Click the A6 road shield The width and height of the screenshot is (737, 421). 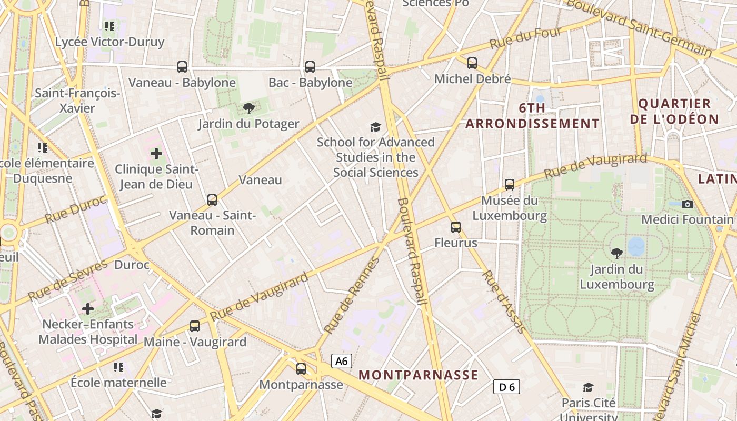[342, 361]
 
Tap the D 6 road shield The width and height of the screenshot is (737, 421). [506, 387]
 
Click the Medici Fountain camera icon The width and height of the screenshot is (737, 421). [687, 204]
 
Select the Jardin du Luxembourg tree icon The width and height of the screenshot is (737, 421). [616, 254]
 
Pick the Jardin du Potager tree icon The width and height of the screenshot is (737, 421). [248, 108]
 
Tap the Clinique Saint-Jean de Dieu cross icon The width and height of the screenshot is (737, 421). [156, 154]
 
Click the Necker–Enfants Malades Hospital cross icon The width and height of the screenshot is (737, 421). [88, 308]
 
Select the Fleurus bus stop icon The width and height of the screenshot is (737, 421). [456, 227]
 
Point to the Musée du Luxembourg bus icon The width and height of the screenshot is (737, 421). [509, 185]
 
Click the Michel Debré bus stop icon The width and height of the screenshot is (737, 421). [472, 63]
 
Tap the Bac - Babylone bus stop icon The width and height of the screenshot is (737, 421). [310, 67]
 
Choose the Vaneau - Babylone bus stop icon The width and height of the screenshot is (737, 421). [182, 67]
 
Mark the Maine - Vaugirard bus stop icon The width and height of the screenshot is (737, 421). [195, 326]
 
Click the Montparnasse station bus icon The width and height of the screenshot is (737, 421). [301, 369]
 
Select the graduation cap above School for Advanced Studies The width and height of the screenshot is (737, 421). [375, 127]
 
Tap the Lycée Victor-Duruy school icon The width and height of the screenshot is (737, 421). [109, 26]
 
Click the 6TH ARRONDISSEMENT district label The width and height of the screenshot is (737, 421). [532, 116]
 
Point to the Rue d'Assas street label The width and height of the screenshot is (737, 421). [504, 302]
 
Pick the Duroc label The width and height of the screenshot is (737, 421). [132, 265]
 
